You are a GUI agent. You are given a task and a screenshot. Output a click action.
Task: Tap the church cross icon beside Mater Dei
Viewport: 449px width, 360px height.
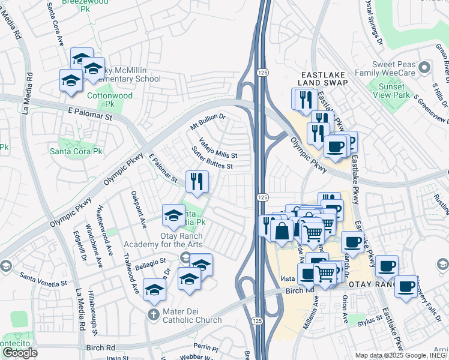(154, 314)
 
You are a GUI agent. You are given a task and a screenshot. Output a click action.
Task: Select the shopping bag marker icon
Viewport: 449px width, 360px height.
(282, 230)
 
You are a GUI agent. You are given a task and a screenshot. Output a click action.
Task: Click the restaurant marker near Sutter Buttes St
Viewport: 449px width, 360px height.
(197, 181)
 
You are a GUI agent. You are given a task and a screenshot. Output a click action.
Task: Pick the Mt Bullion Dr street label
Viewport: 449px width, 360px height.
(207, 122)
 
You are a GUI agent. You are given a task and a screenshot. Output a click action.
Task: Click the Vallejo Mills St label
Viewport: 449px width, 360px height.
(218, 149)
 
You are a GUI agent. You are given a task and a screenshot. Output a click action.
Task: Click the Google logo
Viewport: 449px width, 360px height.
(20, 353)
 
